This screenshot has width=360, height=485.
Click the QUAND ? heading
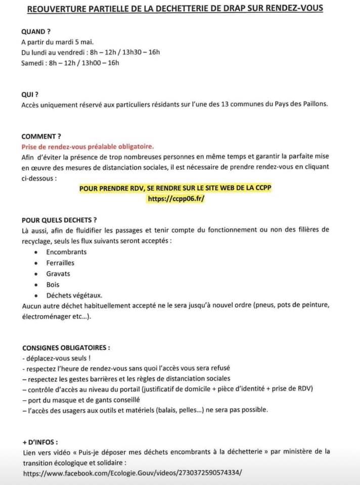tap(36, 31)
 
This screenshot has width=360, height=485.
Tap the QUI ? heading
tap(30, 94)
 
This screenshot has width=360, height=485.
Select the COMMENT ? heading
tap(41, 136)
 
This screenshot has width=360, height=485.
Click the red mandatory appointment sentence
tap(87, 147)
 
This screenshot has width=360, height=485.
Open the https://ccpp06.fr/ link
tap(176, 199)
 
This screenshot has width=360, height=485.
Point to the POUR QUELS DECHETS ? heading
tap(59, 220)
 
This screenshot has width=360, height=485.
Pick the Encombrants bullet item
tap(66, 252)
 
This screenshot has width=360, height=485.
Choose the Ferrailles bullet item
tap(60, 263)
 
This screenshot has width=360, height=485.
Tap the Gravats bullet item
tap(58, 274)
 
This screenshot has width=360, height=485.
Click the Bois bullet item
tap(53, 285)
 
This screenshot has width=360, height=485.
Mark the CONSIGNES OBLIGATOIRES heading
tap(66, 348)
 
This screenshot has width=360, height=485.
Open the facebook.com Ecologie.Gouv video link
tap(132, 473)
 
